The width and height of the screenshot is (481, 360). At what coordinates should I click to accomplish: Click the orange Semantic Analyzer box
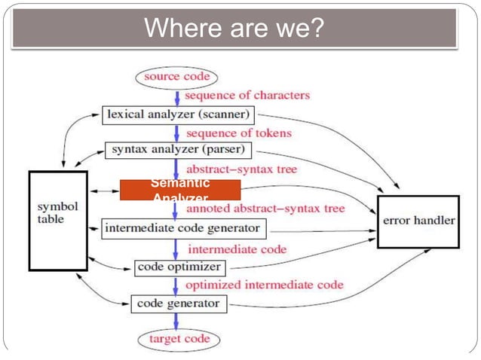179,189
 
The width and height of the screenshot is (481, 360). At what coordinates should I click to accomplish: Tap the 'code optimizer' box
179,267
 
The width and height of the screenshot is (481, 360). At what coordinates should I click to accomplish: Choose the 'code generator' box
178,304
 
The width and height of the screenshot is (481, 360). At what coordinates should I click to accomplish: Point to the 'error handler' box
418,221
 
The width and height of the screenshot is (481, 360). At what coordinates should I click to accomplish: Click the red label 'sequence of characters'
247,96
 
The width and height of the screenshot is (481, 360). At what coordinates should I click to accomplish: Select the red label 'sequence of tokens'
237,133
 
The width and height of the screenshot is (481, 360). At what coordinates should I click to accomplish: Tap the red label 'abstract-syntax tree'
241,169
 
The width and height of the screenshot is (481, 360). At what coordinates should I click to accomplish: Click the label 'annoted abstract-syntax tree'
265,208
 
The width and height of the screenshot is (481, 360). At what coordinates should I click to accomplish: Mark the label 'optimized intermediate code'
264,285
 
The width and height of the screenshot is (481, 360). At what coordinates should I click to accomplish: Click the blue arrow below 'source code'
177,96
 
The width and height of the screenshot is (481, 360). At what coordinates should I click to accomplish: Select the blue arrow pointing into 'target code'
177,322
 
